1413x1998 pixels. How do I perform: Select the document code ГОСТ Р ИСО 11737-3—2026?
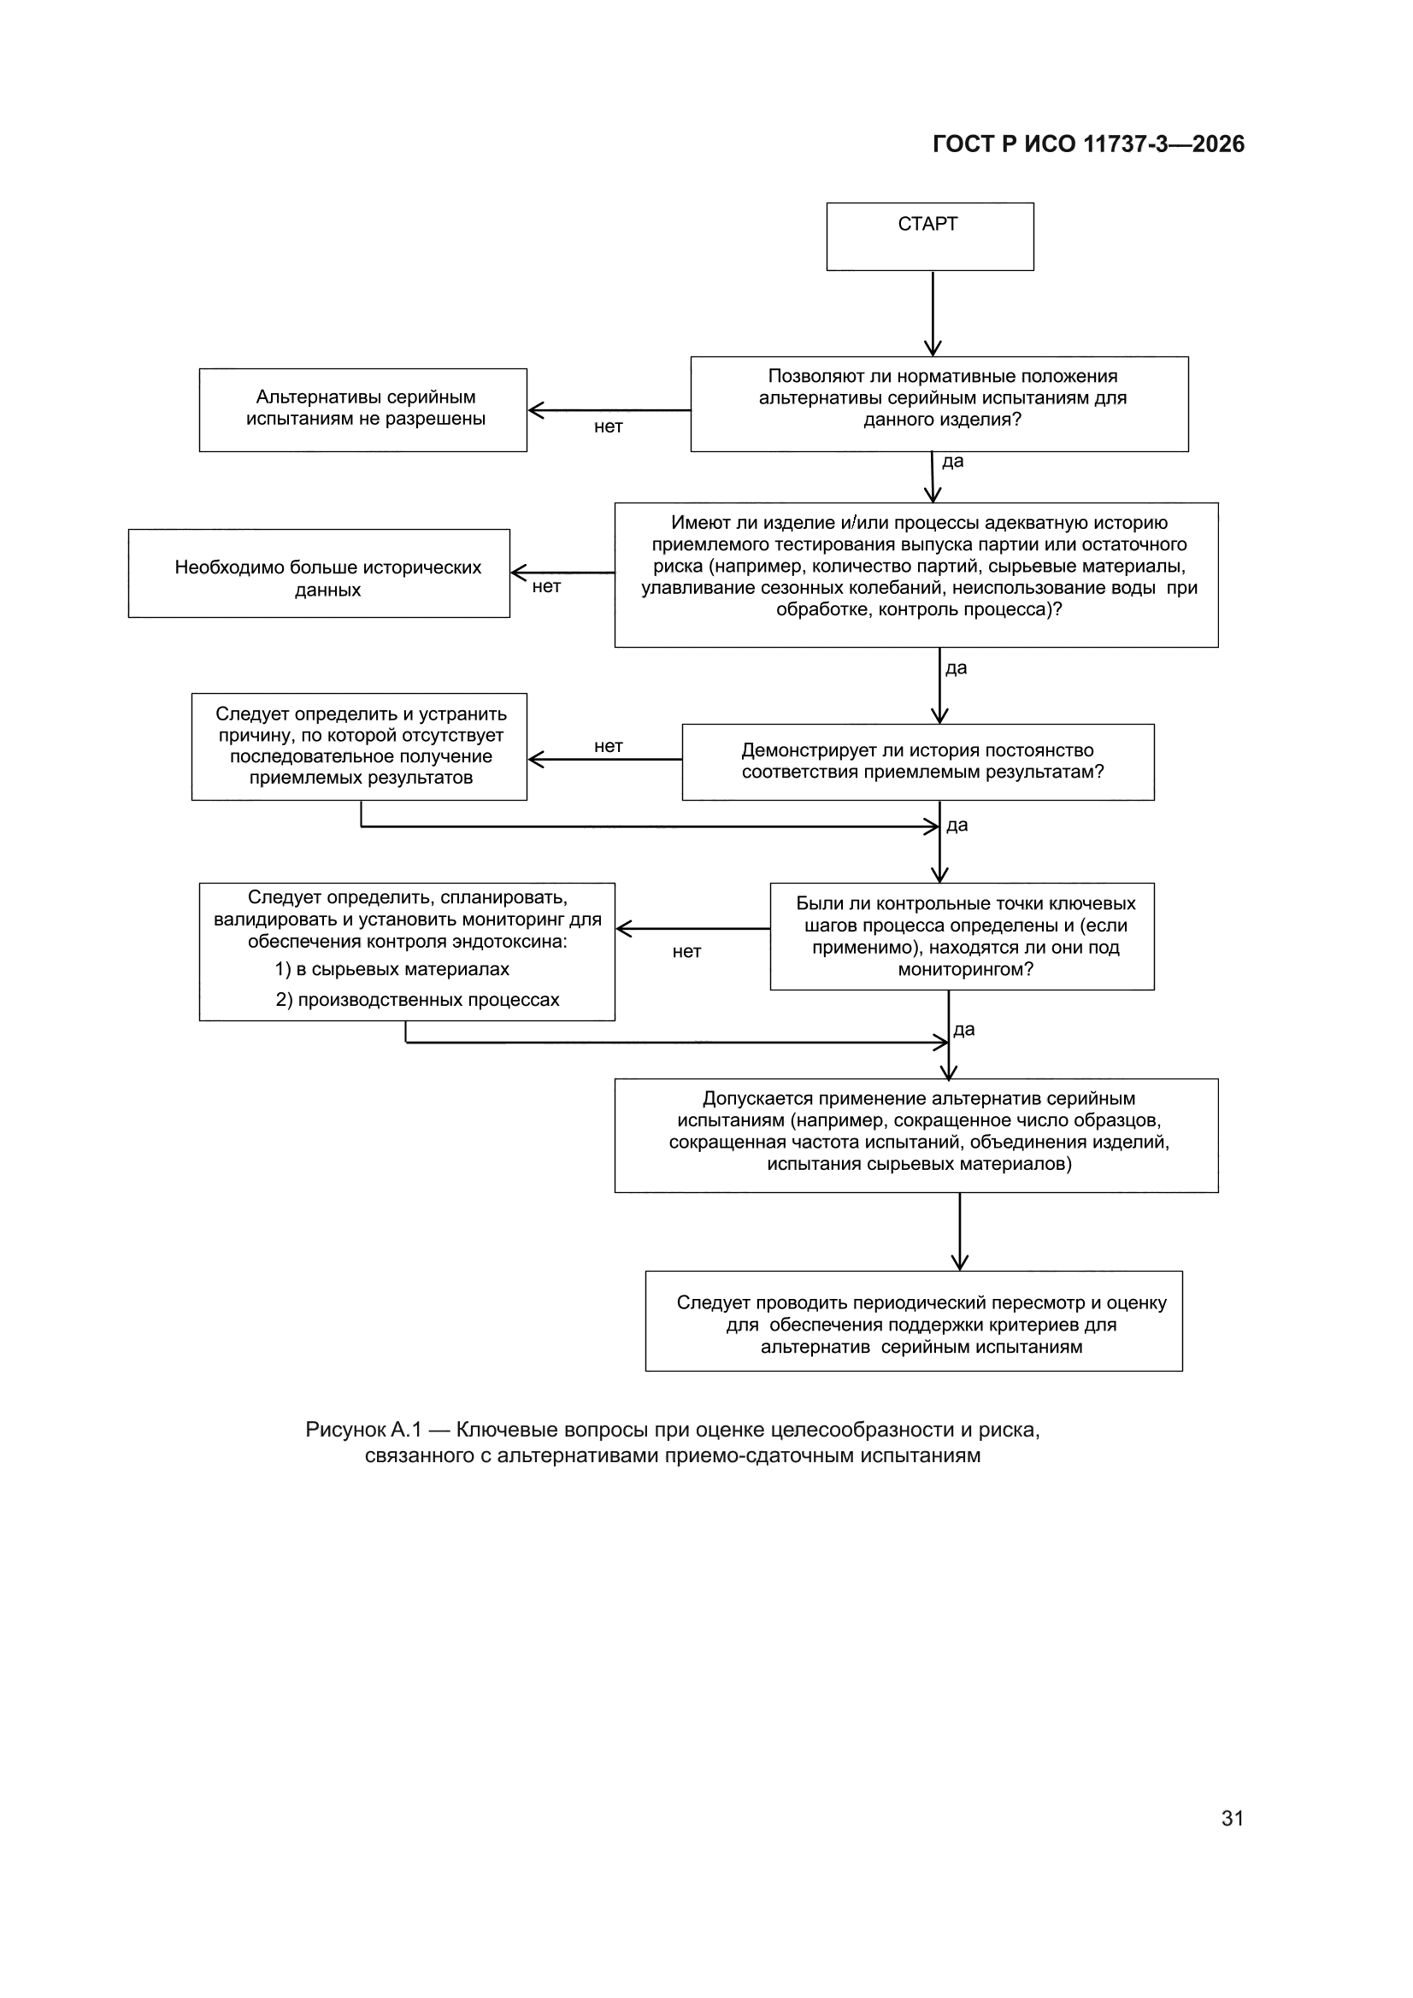click(1088, 144)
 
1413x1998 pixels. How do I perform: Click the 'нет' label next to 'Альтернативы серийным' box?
click(609, 426)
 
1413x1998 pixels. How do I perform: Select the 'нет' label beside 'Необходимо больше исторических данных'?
click(547, 586)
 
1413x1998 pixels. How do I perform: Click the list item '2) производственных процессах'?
click(418, 1000)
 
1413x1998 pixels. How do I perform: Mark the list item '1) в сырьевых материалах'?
click(392, 969)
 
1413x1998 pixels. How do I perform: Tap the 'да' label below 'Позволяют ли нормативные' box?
click(953, 461)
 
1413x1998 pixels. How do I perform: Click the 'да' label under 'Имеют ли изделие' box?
click(956, 668)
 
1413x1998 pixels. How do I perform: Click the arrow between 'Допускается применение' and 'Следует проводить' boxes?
click(959, 1231)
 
